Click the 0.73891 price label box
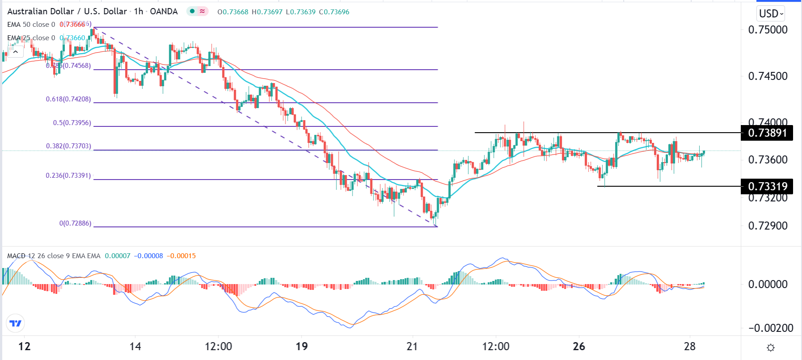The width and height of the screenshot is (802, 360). [767, 133]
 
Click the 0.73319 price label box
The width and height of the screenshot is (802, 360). [767, 186]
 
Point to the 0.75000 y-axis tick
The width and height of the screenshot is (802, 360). [768, 30]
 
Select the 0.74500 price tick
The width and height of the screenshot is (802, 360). [768, 76]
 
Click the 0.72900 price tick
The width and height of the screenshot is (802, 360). [768, 226]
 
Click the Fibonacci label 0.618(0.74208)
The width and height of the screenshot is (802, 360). [68, 99]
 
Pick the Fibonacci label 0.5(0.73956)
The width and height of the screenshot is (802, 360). [72, 123]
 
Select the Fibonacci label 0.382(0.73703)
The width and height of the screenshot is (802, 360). [68, 146]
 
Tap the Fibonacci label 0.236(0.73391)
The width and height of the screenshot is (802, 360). [68, 176]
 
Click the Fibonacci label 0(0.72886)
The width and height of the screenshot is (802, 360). [75, 223]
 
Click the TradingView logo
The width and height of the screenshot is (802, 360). [15, 323]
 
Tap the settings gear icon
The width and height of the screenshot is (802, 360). [770, 347]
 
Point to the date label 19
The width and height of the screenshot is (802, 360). [302, 346]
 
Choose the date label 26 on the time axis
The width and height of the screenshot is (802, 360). [579, 346]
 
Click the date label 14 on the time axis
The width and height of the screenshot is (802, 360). [135, 346]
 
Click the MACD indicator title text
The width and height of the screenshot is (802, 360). [54, 256]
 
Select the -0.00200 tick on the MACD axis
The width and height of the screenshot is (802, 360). [768, 328]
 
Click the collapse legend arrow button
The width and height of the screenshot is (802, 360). [16, 52]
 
